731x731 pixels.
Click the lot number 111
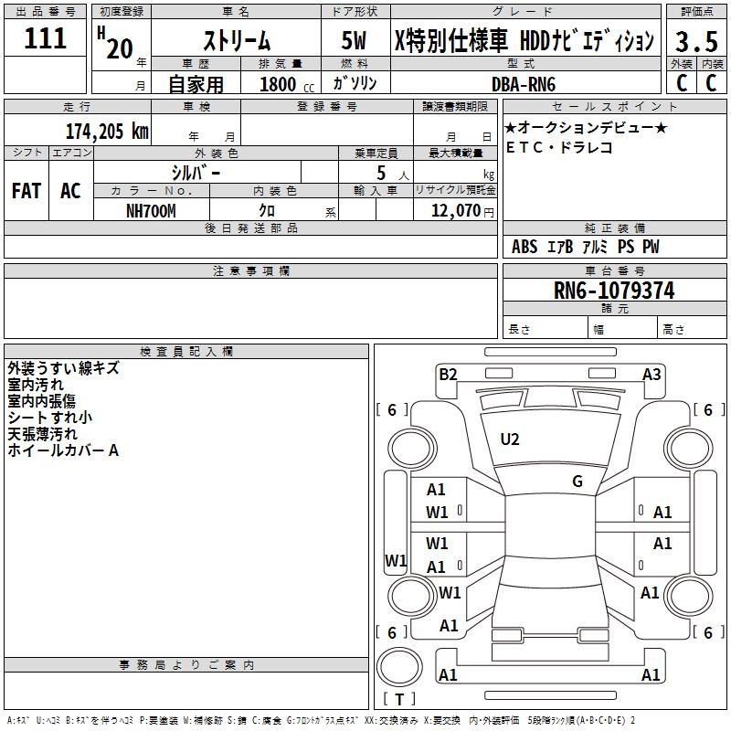[46, 38]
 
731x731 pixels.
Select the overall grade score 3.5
[696, 40]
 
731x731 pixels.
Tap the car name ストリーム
[236, 40]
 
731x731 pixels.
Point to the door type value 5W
[355, 40]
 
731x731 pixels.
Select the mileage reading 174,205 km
[107, 131]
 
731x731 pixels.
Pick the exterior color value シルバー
[196, 172]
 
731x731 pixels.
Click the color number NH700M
[151, 210]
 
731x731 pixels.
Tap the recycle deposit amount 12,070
[454, 210]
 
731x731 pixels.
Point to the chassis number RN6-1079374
[614, 290]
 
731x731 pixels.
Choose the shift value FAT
[26, 191]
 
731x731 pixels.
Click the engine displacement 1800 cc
[283, 84]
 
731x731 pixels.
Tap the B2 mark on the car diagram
[448, 374]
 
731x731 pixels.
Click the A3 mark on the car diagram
[652, 374]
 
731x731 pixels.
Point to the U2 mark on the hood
[510, 440]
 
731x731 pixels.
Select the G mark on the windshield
[577, 482]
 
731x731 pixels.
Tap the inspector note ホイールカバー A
[63, 450]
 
